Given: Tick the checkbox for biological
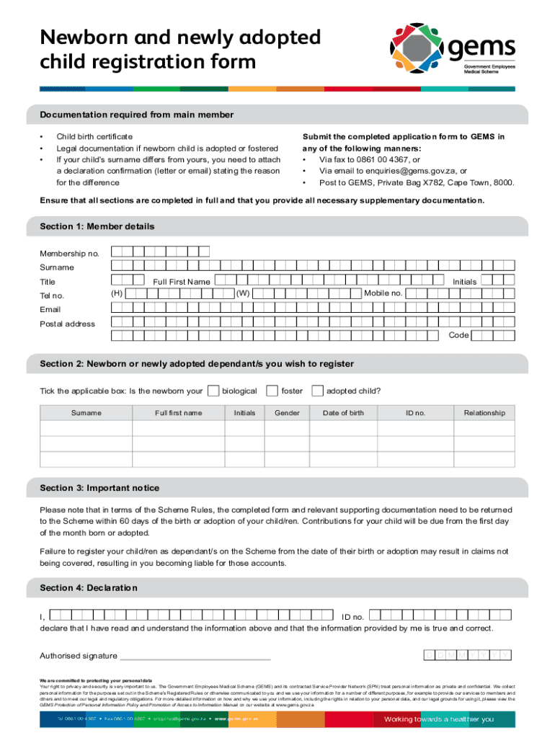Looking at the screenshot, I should coord(213,391).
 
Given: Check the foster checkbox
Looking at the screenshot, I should coord(272,391).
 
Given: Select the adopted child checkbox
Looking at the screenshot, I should coord(317,391).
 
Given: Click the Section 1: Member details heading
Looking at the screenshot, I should coord(97,226).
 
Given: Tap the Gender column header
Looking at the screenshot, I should coord(287,413).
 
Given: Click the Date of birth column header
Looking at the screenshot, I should coord(343,413).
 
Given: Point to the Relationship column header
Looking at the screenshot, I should coord(484,413).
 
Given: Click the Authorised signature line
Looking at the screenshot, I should coord(195,657).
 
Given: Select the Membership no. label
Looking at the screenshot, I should coord(69,254).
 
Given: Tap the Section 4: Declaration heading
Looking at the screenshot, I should coord(89,588).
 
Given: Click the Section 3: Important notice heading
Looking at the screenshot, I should coord(100,488).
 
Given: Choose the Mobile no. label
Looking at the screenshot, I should coord(383,293).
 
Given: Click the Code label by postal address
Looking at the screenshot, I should coord(458,335).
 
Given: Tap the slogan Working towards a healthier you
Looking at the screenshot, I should coord(438,719).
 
